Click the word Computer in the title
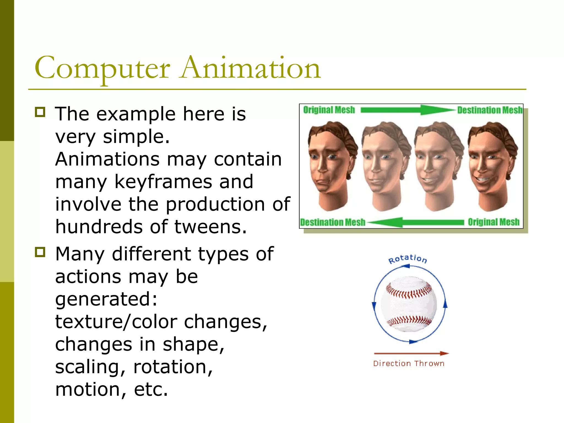102,68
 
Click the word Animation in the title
250,68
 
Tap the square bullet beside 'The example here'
40,112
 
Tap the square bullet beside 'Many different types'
40,252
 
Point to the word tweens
210,227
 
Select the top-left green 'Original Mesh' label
329,110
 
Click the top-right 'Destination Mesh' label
490,110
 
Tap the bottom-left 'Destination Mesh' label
332,222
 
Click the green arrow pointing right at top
408,110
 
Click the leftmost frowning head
330,165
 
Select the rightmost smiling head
492,165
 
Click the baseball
409,304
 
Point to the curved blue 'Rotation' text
408,259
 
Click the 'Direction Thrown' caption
409,364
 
